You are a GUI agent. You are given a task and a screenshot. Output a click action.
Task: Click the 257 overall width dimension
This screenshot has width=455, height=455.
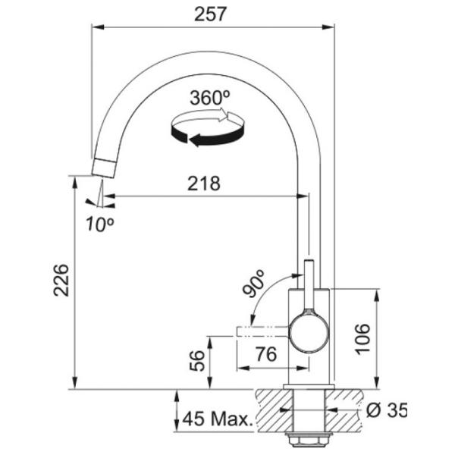point(209,14)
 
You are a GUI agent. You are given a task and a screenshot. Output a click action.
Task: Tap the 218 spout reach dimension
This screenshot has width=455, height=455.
point(204,184)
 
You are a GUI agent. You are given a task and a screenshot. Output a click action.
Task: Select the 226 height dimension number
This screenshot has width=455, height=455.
point(61,280)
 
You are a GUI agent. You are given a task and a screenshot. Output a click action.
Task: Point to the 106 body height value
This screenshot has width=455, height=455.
point(362,339)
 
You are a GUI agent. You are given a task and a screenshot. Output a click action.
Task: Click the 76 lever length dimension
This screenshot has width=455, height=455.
point(266,354)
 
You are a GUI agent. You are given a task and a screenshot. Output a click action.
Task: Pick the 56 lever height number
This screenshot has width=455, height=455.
point(197,361)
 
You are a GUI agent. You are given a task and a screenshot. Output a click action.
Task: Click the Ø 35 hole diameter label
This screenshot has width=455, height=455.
point(387,410)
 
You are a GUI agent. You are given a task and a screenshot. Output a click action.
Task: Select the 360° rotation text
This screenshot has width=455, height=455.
point(210,98)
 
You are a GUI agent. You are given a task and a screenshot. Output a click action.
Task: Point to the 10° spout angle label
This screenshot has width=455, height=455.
point(99,224)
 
